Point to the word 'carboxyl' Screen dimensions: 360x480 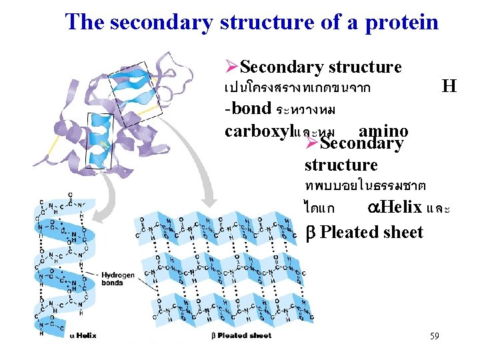point(259,130)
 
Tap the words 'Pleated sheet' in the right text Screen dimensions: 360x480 point(371,232)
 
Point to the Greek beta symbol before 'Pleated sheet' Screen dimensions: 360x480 point(309,233)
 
